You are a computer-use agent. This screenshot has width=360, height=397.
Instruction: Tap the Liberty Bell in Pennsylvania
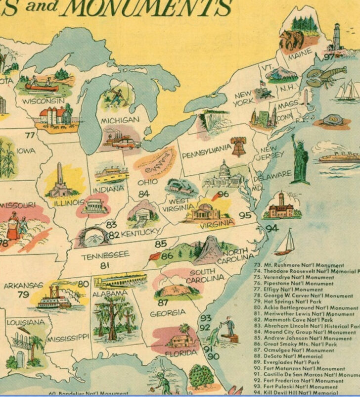[x=239, y=146]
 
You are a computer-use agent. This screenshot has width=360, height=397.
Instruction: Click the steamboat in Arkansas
[x=54, y=297]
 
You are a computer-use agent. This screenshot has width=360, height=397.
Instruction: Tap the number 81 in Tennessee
[x=104, y=266]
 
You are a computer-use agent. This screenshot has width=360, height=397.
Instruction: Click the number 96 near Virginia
[x=223, y=194]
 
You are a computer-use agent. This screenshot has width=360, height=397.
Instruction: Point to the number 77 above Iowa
[x=30, y=135]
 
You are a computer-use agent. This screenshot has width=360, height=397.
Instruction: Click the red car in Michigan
[x=128, y=144]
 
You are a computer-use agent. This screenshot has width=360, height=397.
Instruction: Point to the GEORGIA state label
[x=168, y=313]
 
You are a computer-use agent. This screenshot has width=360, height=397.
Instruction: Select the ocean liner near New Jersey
[x=337, y=157]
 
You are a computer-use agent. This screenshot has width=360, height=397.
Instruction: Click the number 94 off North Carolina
[x=272, y=229]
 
